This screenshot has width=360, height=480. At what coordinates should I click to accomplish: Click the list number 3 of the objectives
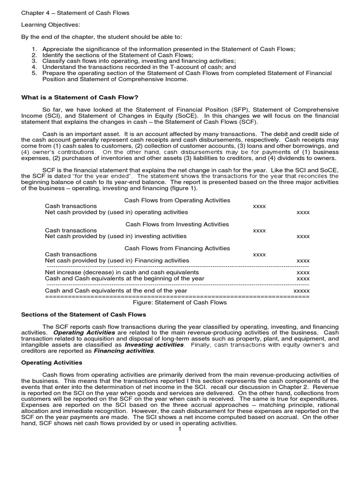click(x=34, y=61)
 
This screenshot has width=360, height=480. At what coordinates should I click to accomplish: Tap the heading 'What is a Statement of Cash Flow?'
click(x=80, y=97)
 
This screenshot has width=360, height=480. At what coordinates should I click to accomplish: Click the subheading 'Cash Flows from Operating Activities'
click(x=177, y=200)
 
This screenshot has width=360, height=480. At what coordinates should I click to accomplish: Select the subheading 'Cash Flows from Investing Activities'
click(x=177, y=225)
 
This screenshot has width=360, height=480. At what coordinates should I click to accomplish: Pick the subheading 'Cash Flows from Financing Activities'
click(x=177, y=248)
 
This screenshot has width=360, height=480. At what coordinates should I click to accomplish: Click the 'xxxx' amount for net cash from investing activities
click(x=303, y=237)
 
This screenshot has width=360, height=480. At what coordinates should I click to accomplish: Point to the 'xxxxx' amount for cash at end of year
click(x=301, y=291)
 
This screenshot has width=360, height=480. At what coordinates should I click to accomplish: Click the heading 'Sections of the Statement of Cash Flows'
click(x=84, y=315)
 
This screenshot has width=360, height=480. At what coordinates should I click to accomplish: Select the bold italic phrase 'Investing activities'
click(x=154, y=345)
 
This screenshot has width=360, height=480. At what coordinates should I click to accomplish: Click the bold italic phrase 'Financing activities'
click(x=124, y=351)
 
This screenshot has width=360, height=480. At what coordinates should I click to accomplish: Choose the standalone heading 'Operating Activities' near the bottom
click(x=52, y=363)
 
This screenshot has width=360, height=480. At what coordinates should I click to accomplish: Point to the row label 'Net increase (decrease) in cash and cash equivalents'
click(x=122, y=272)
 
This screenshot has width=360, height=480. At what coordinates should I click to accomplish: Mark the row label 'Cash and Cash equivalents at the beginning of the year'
click(x=125, y=278)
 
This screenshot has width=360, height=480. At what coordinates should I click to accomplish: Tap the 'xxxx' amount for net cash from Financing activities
click(x=303, y=261)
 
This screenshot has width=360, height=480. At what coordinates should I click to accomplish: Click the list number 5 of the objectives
click(x=34, y=73)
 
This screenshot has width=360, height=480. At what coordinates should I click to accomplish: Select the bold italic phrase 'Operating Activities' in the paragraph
click(x=83, y=332)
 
